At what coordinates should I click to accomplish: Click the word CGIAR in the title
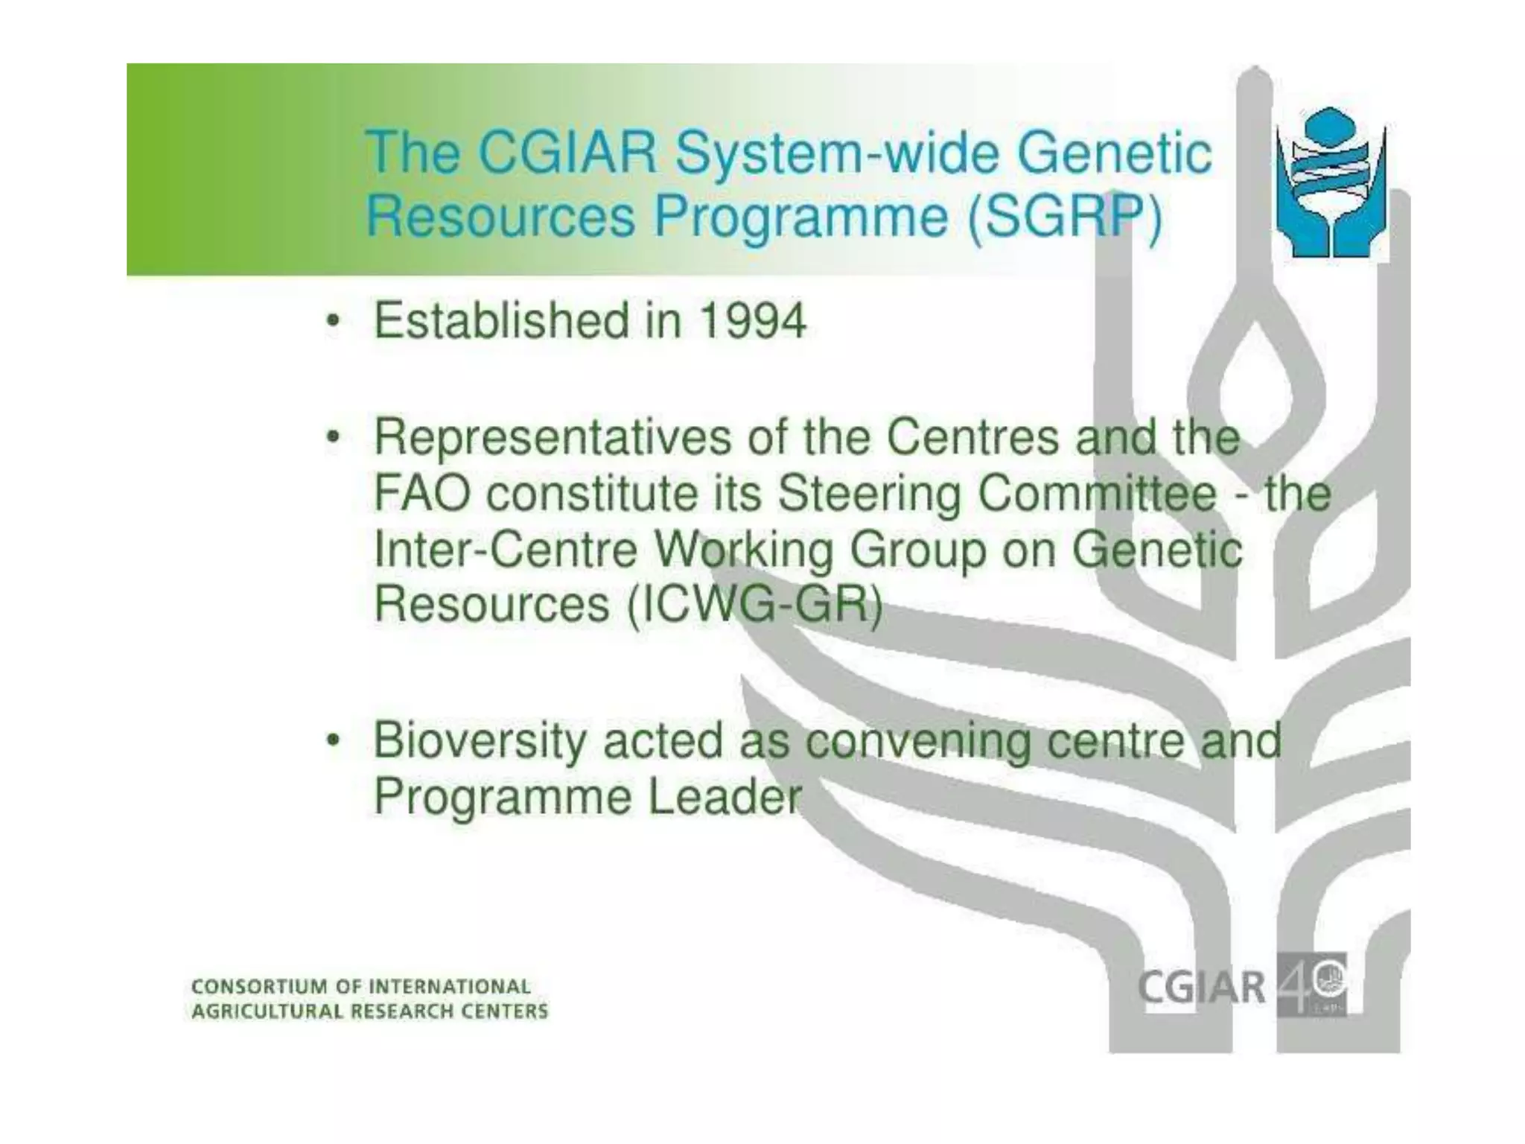[x=567, y=153]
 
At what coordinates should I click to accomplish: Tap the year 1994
[x=753, y=321]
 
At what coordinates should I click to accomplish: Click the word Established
[x=501, y=321]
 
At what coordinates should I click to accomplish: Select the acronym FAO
[x=421, y=494]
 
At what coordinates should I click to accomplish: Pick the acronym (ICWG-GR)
[x=754, y=605]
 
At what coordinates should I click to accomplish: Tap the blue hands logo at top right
[x=1331, y=183]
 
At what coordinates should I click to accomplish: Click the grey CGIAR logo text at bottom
[x=1201, y=988]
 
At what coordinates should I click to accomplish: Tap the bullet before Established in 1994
[x=334, y=322]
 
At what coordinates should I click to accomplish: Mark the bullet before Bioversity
[x=334, y=741]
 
